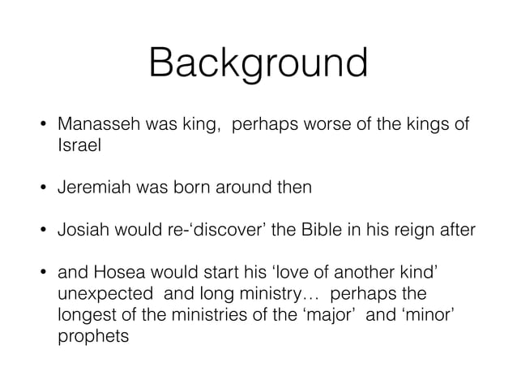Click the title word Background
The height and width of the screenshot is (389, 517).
click(x=258, y=63)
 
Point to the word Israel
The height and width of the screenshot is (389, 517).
click(x=75, y=145)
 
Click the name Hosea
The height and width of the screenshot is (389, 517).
click(x=113, y=270)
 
